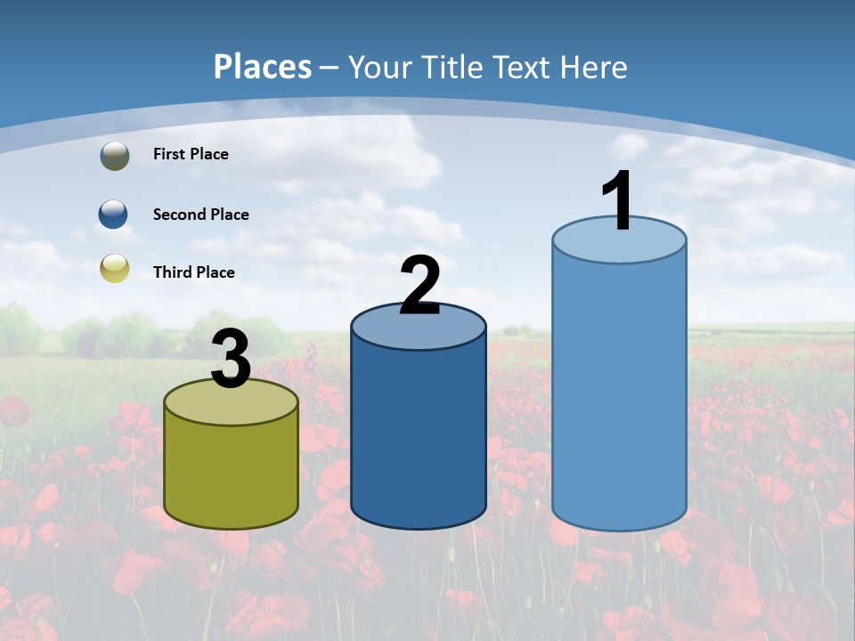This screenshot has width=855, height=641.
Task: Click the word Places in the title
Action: [263, 67]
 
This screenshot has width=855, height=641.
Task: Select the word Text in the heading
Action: [525, 67]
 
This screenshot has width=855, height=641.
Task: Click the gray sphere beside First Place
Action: [114, 155]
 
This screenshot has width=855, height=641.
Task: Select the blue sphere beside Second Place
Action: [114, 215]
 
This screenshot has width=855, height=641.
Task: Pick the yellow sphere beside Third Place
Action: [114, 268]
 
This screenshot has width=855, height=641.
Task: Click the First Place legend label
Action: [191, 154]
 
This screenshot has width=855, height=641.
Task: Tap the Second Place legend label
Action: [200, 215]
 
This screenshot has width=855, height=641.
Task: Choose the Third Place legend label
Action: [193, 272]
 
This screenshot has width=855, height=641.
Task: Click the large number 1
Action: [617, 201]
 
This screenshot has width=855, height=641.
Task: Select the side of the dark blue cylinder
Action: [419, 427]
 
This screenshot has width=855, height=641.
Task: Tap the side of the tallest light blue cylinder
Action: [619, 392]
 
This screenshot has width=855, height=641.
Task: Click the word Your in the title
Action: [379, 67]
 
